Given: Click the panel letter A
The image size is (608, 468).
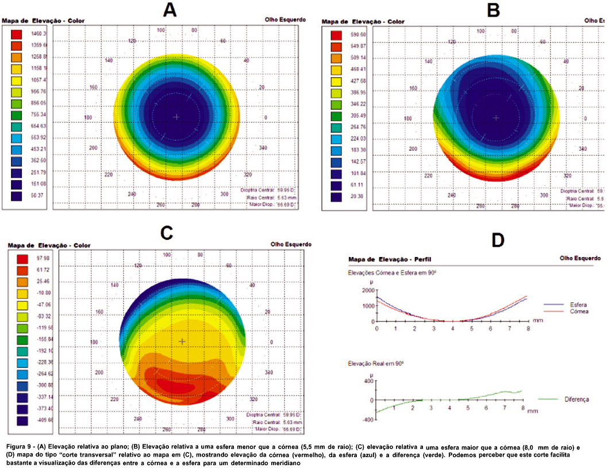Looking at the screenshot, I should (170, 10).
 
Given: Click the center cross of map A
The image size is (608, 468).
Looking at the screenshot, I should (176, 117).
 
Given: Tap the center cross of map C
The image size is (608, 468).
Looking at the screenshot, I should (182, 342).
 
